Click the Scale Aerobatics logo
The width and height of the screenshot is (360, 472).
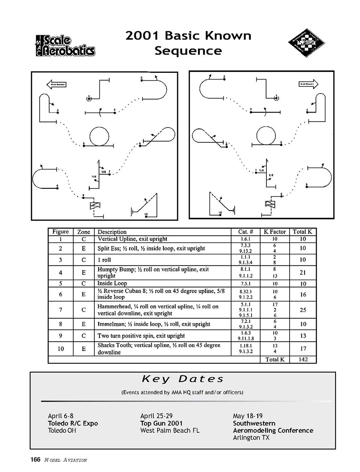[64, 46]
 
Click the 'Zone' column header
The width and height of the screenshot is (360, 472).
[84, 232]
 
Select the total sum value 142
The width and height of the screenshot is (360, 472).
[303, 360]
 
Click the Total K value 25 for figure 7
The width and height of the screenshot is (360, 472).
[303, 310]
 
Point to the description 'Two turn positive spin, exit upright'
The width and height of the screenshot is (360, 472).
[141, 336]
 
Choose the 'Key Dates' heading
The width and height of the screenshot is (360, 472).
[183, 379]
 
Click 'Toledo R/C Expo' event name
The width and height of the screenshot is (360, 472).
[73, 424]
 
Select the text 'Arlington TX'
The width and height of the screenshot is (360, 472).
[252, 437]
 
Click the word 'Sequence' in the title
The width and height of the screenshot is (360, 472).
[188, 51]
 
